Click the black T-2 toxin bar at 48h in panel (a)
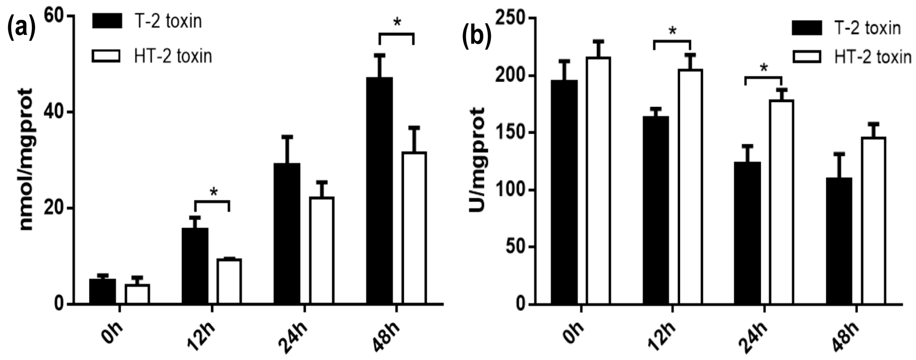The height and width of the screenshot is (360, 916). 379,190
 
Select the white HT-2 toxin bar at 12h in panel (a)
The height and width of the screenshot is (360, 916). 229,281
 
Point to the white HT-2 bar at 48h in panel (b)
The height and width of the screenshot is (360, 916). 873,220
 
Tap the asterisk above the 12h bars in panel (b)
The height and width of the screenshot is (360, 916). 672,31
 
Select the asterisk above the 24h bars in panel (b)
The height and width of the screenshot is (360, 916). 763,68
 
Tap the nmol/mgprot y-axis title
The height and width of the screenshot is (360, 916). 26,160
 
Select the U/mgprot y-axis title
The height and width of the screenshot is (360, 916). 477,160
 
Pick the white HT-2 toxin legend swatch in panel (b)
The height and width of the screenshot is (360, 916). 806,57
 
